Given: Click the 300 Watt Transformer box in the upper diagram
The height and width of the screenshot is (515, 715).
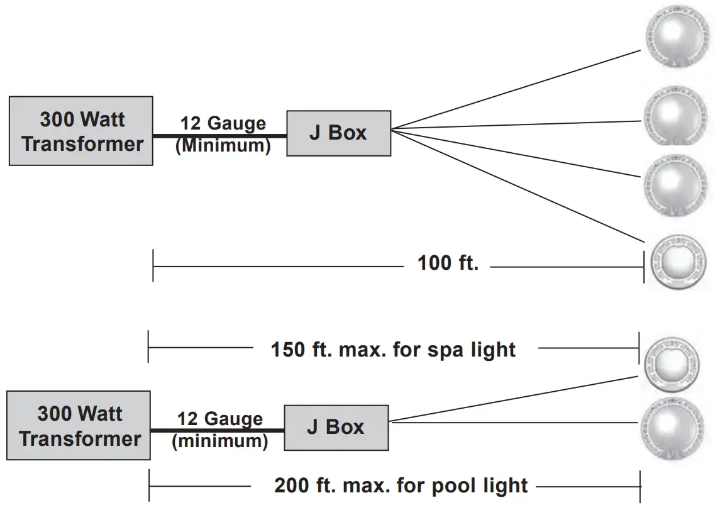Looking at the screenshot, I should point(81,131).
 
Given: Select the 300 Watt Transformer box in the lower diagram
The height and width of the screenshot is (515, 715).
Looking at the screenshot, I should point(79,426).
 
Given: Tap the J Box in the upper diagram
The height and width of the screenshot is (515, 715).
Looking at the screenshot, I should point(338,133).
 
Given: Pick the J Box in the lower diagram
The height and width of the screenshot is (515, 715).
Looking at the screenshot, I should point(336,428).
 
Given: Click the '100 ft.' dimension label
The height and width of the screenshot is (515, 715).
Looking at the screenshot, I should point(448,263).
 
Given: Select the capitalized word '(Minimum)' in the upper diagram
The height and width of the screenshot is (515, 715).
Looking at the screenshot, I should point(223,145).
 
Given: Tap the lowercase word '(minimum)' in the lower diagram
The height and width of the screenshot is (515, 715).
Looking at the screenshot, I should point(220,441).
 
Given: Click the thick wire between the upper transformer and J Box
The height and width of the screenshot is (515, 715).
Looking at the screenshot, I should point(219,134).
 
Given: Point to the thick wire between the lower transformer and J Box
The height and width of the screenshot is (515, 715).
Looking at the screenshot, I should point(217,430).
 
